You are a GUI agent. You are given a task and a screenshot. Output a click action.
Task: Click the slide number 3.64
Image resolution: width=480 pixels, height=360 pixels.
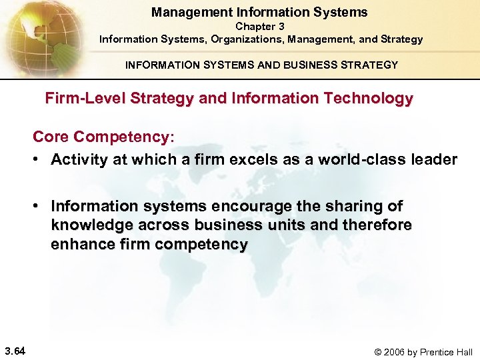click(x=15, y=349)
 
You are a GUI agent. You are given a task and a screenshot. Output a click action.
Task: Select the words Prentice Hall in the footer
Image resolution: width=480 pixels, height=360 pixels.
click(x=450, y=352)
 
